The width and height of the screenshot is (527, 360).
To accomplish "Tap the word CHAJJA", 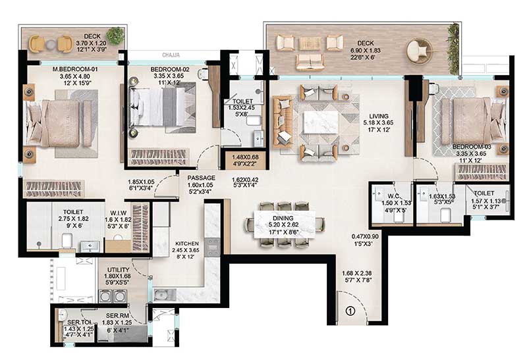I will point(173,56).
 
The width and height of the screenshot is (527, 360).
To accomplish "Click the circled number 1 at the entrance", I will point(350,312).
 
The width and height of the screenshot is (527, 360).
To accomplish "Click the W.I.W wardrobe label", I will point(119,213).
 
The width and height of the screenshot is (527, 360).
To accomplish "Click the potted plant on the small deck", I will point(116,36).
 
